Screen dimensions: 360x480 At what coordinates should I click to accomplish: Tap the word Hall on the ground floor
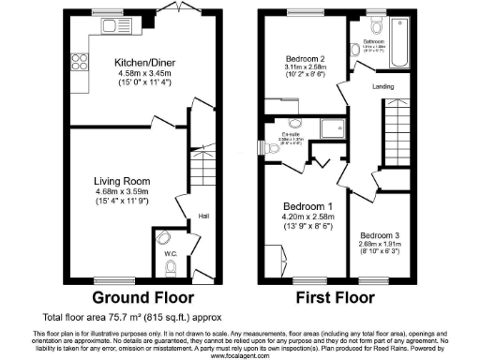202,217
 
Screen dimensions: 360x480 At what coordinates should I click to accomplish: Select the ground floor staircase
200,178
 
